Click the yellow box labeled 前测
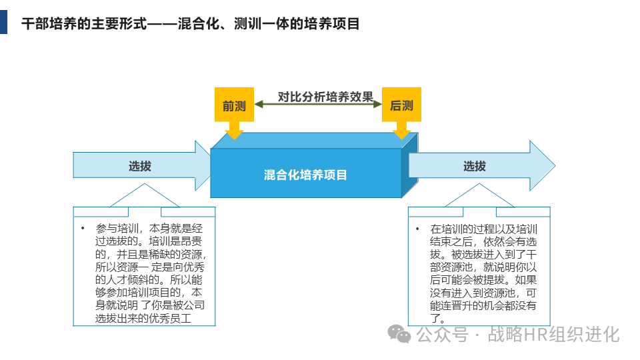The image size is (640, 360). coord(234,105)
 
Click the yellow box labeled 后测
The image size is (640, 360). coord(401,105)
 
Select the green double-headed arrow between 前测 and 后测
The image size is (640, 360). coord(318,105)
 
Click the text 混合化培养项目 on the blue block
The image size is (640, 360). coord(305,175)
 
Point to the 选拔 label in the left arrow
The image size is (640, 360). coord(140,166)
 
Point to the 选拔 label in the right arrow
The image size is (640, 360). coord(475,166)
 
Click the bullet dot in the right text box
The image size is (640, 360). coord(418,229)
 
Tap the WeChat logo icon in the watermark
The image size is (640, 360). coord(400,333)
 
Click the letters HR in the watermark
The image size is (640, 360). coord(533,334)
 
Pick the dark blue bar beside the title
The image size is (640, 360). coord(4,22)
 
